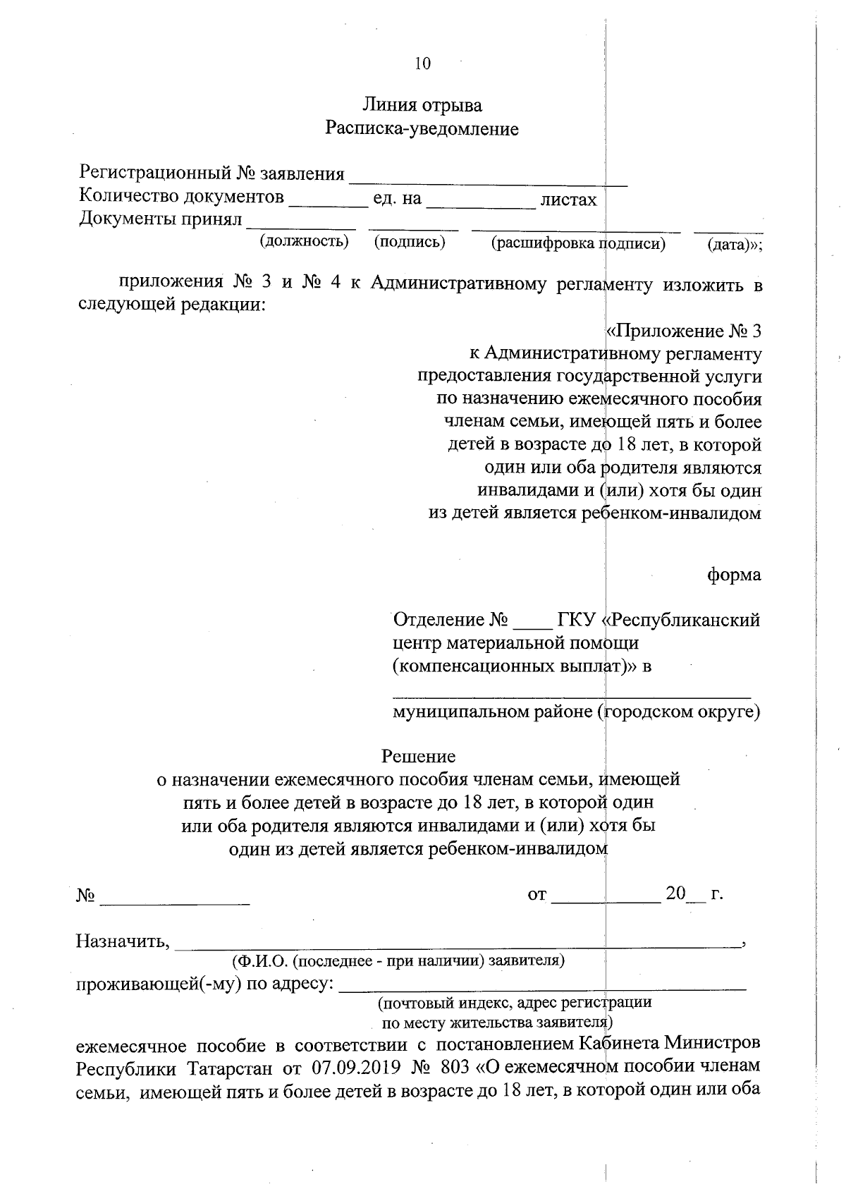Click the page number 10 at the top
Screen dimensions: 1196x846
point(422,63)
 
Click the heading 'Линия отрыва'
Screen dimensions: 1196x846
point(422,106)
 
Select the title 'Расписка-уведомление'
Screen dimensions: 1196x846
point(422,129)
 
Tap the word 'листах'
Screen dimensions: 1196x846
point(568,200)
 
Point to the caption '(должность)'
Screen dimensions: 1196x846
point(305,242)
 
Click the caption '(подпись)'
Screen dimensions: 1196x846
point(410,242)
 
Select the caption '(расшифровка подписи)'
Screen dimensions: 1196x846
point(578,244)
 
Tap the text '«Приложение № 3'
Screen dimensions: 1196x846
point(683,331)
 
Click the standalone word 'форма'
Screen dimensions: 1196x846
point(734,575)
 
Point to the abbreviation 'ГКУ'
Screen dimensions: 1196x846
point(577,620)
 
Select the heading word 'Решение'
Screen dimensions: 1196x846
point(418,757)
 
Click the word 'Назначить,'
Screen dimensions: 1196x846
point(123,941)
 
